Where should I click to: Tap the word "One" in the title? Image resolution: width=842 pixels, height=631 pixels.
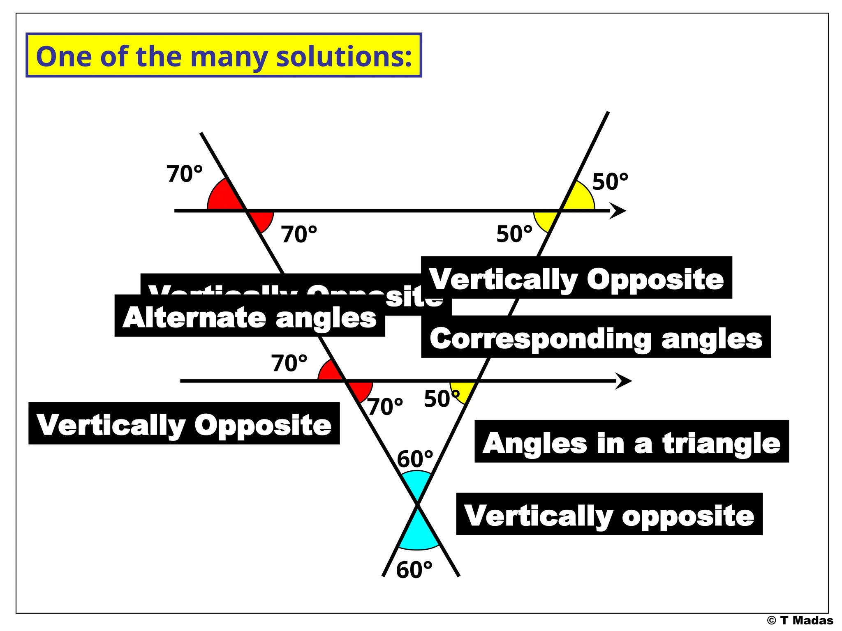click(64, 56)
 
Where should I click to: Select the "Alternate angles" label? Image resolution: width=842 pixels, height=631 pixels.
click(250, 318)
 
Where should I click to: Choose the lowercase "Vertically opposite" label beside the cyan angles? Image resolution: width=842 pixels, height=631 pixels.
click(609, 515)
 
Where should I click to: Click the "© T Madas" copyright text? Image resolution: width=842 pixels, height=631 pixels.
click(800, 620)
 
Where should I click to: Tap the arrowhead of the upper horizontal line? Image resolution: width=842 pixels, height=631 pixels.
click(618, 211)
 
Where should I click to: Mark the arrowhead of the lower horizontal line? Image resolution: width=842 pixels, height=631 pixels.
click(624, 381)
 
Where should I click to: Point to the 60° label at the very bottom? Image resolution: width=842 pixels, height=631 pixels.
click(414, 570)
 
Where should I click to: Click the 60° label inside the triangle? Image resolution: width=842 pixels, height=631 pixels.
click(415, 459)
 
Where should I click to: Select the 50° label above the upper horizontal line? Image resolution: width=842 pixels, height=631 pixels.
click(610, 182)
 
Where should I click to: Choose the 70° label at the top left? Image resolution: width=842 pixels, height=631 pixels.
click(184, 174)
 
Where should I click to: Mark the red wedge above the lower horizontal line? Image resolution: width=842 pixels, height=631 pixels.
click(330, 371)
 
